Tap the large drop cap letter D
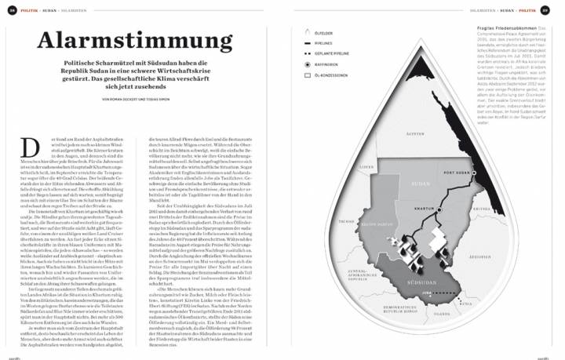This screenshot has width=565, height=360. coord(34,146)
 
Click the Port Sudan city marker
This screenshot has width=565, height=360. coord(457,171)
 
